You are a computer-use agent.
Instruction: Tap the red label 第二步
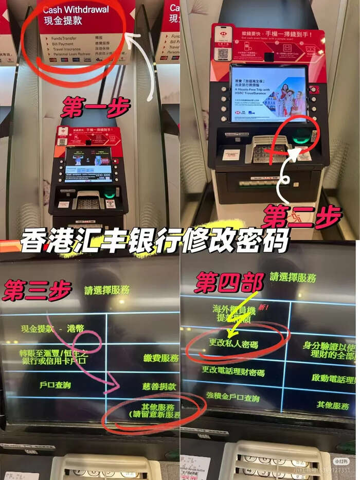301,216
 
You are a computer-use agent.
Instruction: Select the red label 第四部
229,282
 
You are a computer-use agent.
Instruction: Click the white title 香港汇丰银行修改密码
154,241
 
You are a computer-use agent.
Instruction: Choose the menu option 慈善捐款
159,386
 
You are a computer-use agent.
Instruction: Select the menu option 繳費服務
161,358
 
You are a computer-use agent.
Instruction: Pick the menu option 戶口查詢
55,384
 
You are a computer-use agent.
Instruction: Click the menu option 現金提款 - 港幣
52,328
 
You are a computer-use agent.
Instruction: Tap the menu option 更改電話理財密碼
233,371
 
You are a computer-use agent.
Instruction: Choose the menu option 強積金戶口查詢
232,397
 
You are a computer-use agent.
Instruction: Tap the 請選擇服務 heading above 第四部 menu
293,278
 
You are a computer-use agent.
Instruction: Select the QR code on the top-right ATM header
223,53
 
